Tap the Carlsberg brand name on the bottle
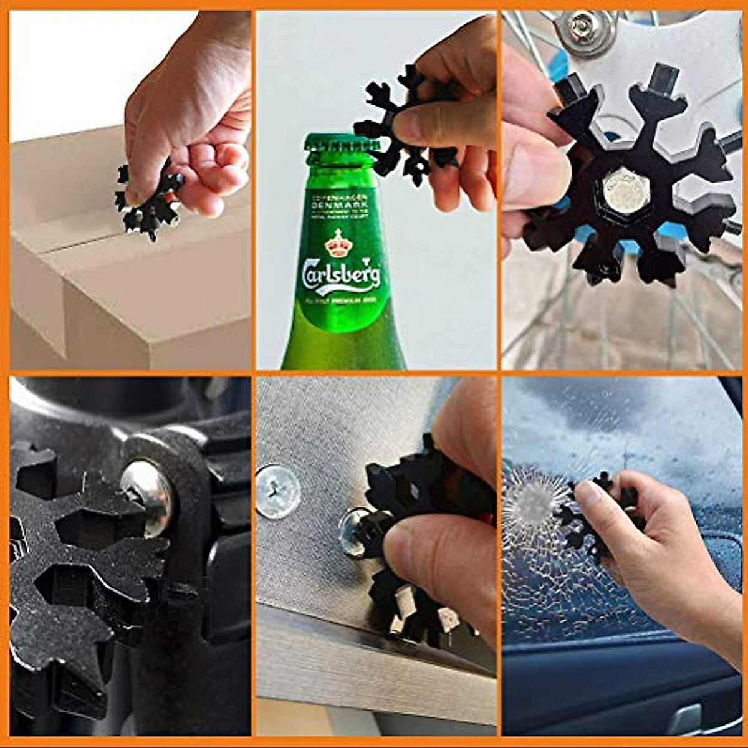(x=341, y=274)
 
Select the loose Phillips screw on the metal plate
(x=278, y=491)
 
